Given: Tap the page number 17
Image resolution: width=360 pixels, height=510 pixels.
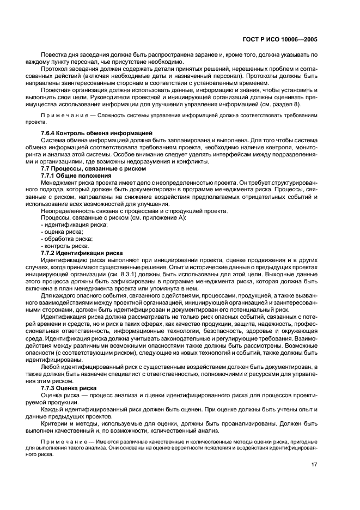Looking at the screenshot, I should tap(314, 464).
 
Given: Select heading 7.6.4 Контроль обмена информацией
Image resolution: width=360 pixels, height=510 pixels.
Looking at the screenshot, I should tap(89, 133).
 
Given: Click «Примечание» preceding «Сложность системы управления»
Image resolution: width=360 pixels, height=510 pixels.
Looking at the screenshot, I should tap(64, 116).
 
